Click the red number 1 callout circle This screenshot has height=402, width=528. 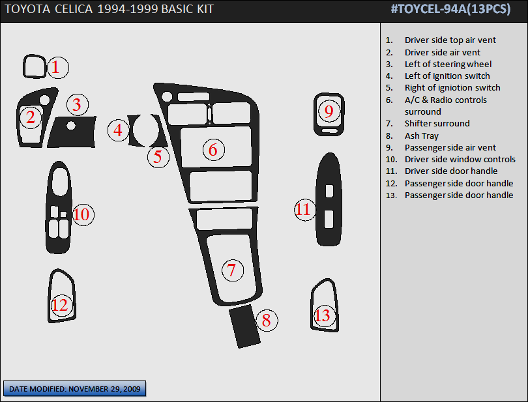(56, 66)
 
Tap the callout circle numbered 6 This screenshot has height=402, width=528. (213, 150)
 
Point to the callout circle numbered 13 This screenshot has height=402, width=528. (323, 315)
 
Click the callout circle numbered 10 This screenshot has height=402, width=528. (83, 214)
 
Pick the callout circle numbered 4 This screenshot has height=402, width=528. (118, 130)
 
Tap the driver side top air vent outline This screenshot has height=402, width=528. (34, 66)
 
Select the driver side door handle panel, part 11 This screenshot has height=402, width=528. (329, 200)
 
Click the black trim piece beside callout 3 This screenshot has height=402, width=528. (72, 132)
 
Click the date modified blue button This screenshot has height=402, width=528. (75, 389)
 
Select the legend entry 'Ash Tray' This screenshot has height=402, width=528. (421, 136)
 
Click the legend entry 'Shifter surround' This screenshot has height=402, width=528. (437, 123)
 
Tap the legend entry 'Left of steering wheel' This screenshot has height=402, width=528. (448, 64)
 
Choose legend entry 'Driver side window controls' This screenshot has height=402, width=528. (460, 159)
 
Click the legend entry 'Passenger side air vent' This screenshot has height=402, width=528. (450, 147)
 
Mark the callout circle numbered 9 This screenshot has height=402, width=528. (329, 111)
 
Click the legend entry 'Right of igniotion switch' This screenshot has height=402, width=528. (452, 87)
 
